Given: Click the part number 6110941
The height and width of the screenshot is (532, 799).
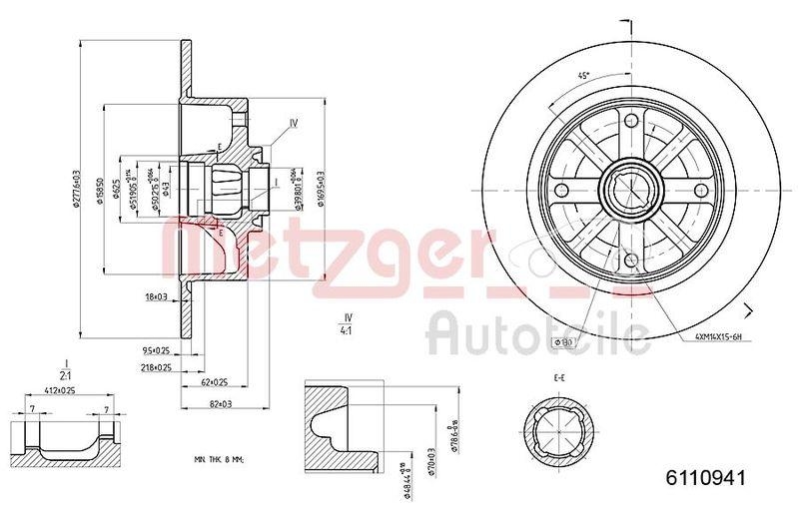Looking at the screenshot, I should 706,477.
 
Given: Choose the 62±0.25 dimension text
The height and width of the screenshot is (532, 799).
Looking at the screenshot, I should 215,382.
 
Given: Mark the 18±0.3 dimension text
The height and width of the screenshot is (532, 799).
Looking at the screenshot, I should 158,295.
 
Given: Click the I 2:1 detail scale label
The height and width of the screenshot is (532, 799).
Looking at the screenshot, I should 65,369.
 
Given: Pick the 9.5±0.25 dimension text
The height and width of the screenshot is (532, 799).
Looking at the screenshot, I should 157,350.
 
